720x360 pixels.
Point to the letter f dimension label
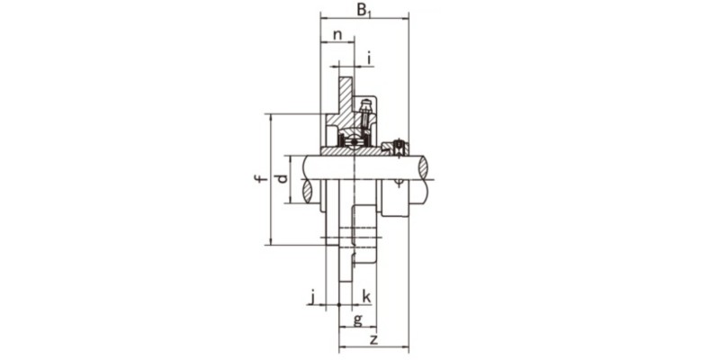(258, 179)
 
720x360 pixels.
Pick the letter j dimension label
(311, 295)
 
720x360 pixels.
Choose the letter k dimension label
(367, 295)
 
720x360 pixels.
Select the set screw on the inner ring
(394, 146)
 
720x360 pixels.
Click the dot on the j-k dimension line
(338, 305)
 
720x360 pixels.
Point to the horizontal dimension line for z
(373, 347)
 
